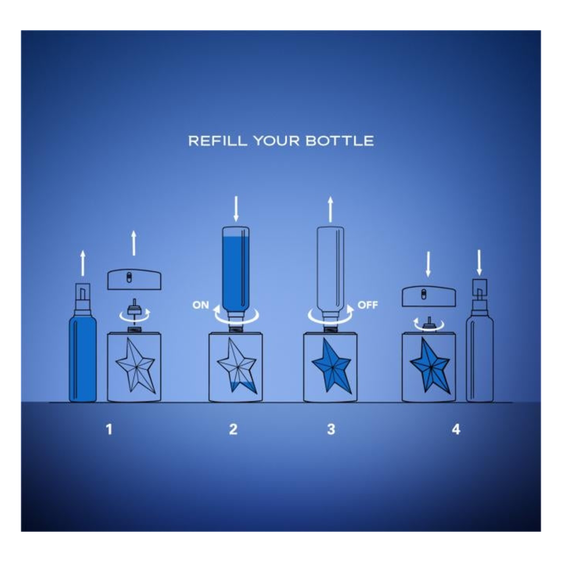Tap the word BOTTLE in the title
340,141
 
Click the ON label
201,305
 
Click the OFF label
368,305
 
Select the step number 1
109,429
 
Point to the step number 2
233,429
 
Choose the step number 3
331,429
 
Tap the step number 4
456,429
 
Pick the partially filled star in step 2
237,366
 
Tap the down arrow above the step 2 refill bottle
236,209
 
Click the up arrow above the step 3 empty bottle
330,209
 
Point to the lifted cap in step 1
134,279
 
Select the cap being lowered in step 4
429,297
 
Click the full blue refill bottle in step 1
83,342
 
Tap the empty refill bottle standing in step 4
480,340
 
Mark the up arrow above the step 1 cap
134,243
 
